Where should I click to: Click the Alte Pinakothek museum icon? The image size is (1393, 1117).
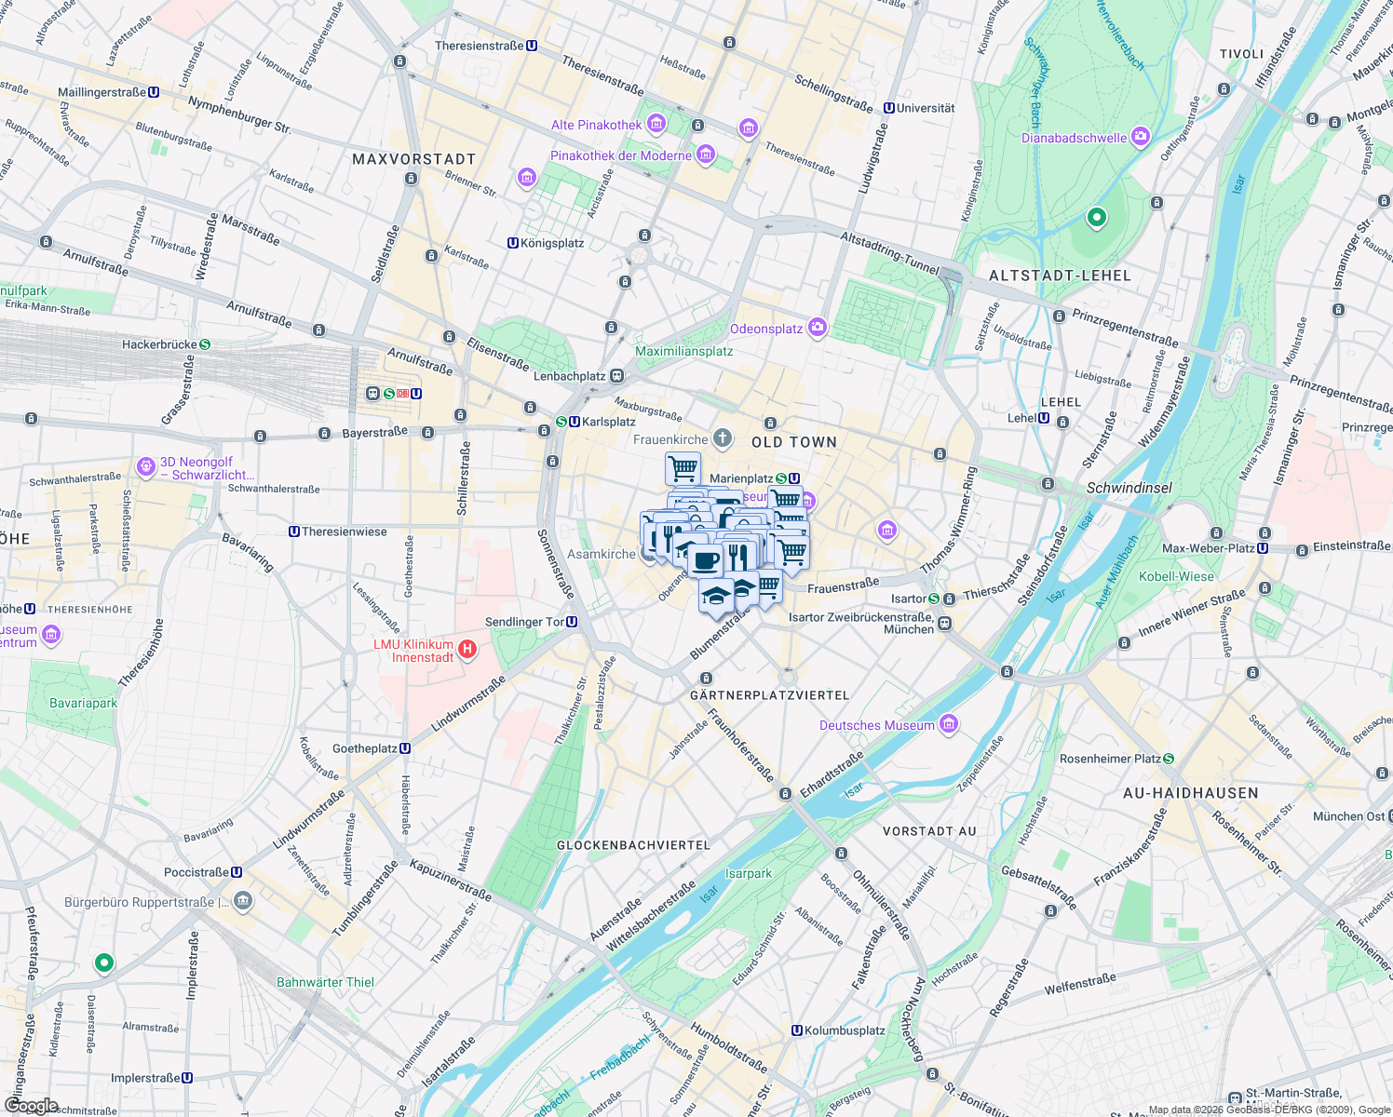[656, 123]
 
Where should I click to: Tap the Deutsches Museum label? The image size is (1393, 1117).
[876, 725]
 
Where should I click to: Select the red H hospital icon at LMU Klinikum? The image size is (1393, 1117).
[467, 649]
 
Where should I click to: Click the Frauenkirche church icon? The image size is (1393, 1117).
[723, 438]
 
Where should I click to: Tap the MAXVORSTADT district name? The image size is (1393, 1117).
[413, 159]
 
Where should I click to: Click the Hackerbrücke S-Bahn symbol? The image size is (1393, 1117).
[205, 344]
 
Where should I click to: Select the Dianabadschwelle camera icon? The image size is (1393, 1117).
[1141, 138]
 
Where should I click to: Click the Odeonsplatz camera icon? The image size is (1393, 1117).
[818, 327]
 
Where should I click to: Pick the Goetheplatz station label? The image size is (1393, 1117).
[365, 748]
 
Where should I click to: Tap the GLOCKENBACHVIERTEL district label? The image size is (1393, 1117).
[633, 845]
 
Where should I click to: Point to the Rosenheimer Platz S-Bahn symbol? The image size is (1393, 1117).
[1169, 759]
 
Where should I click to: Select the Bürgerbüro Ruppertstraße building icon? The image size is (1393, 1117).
[243, 901]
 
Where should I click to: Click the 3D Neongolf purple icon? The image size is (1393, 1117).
[145, 467]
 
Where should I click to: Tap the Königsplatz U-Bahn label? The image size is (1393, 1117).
[552, 243]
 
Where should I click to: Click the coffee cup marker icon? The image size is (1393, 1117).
[706, 560]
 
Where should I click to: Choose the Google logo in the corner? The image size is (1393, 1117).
[31, 1106]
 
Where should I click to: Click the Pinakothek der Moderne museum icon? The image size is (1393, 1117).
[706, 155]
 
